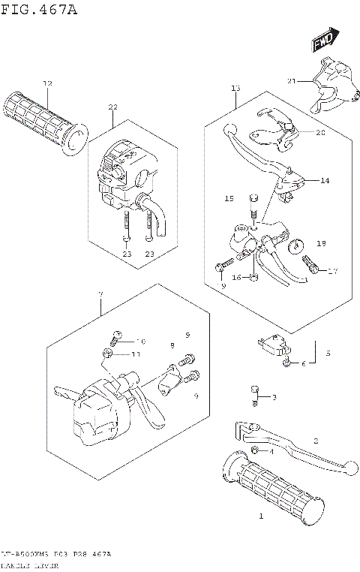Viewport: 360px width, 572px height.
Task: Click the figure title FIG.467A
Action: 38,9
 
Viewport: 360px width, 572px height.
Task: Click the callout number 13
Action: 235,89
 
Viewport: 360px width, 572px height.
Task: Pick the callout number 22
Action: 113,107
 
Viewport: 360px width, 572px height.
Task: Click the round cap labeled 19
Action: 296,245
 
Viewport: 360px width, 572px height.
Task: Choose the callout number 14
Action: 324,180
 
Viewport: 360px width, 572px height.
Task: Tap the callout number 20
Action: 320,133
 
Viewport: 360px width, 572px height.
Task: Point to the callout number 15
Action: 230,198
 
